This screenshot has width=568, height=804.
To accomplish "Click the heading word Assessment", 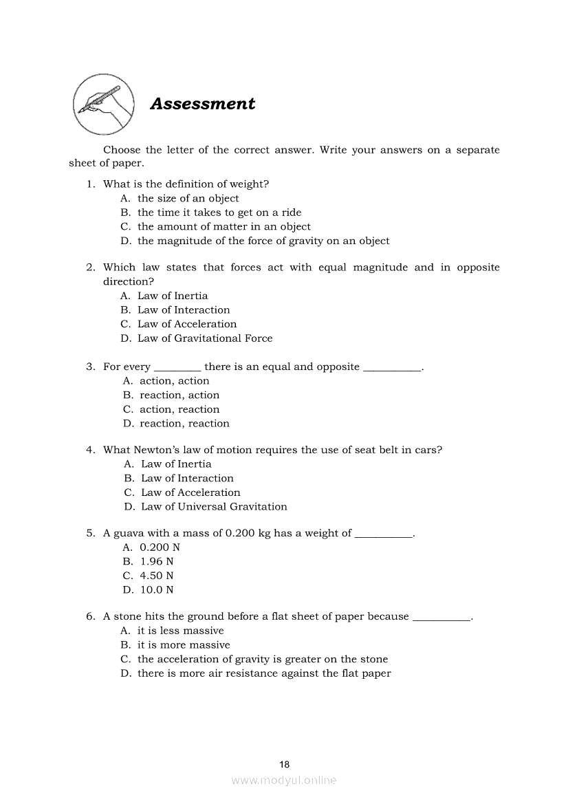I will click(202, 104).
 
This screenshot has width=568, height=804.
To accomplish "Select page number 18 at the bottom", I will click(285, 764).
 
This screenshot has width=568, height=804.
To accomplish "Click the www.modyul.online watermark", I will click(284, 781).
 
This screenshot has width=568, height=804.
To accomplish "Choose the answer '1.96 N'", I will click(157, 561).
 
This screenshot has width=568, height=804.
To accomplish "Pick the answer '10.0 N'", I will click(157, 590).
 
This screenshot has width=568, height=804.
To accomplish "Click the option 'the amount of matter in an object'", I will click(224, 227).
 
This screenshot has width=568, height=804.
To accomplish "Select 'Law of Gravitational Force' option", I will click(205, 338).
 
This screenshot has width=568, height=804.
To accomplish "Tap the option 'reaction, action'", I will click(179, 395).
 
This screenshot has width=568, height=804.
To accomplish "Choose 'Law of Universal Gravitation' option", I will click(214, 507).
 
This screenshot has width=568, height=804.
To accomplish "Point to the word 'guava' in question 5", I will click(128, 534).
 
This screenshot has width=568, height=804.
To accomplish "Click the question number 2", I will click(89, 268).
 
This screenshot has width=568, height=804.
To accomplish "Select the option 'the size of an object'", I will click(188, 199).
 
